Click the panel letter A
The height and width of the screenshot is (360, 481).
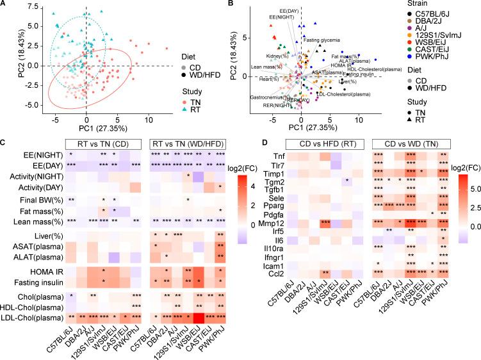click(4, 4)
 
